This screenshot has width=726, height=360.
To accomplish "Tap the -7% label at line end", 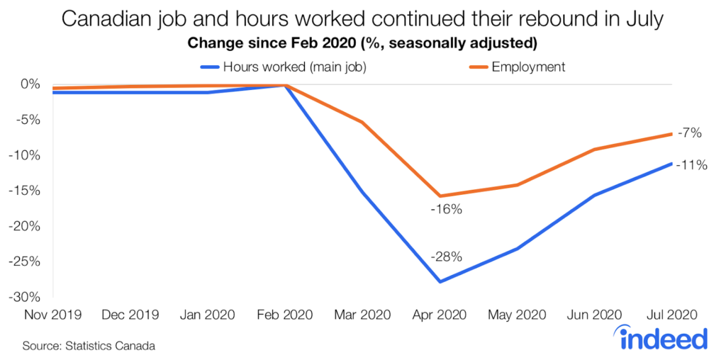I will point(688,132).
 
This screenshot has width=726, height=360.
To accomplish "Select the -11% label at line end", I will point(691,165).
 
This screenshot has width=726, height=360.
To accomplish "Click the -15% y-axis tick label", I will point(28,191).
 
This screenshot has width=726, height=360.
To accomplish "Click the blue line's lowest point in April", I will point(440,282).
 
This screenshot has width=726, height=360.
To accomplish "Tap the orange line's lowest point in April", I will point(440,196).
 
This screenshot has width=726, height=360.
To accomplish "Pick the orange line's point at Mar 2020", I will point(363,123).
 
